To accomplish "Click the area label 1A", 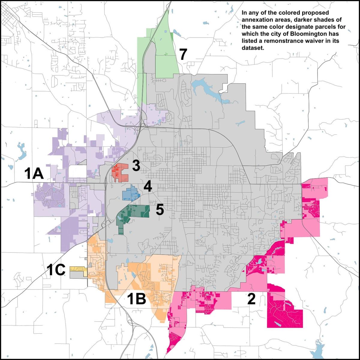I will click(34, 173).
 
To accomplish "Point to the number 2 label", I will click(251, 299).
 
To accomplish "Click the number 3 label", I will click(136, 166).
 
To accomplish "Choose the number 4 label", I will click(148, 187).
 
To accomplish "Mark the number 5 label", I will click(160, 210).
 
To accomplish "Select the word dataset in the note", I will click(250, 48).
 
